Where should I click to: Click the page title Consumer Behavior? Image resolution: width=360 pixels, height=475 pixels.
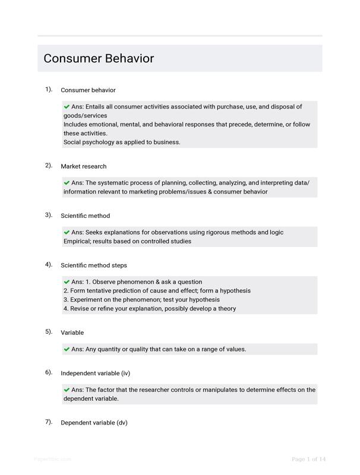tap(99, 58)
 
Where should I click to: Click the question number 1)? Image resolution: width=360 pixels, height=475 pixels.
tap(49, 89)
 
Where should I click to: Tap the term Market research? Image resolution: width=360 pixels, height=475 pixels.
tap(84, 166)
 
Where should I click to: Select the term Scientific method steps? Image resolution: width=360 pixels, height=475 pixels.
tap(93, 265)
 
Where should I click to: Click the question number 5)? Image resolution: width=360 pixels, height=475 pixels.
tap(49, 331)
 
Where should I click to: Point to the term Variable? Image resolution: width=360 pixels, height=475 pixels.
tap(72, 332)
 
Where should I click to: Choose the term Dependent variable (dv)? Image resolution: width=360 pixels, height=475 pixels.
tap(94, 423)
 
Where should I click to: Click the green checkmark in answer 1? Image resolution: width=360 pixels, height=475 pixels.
tap(67, 106)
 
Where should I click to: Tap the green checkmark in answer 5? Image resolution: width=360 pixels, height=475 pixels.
tap(67, 349)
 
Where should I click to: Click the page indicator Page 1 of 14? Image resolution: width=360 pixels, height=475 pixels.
tap(309, 459)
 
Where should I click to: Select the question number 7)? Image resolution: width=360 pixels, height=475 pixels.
tap(49, 422)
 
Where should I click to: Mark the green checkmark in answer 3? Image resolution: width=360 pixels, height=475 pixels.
tap(67, 232)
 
